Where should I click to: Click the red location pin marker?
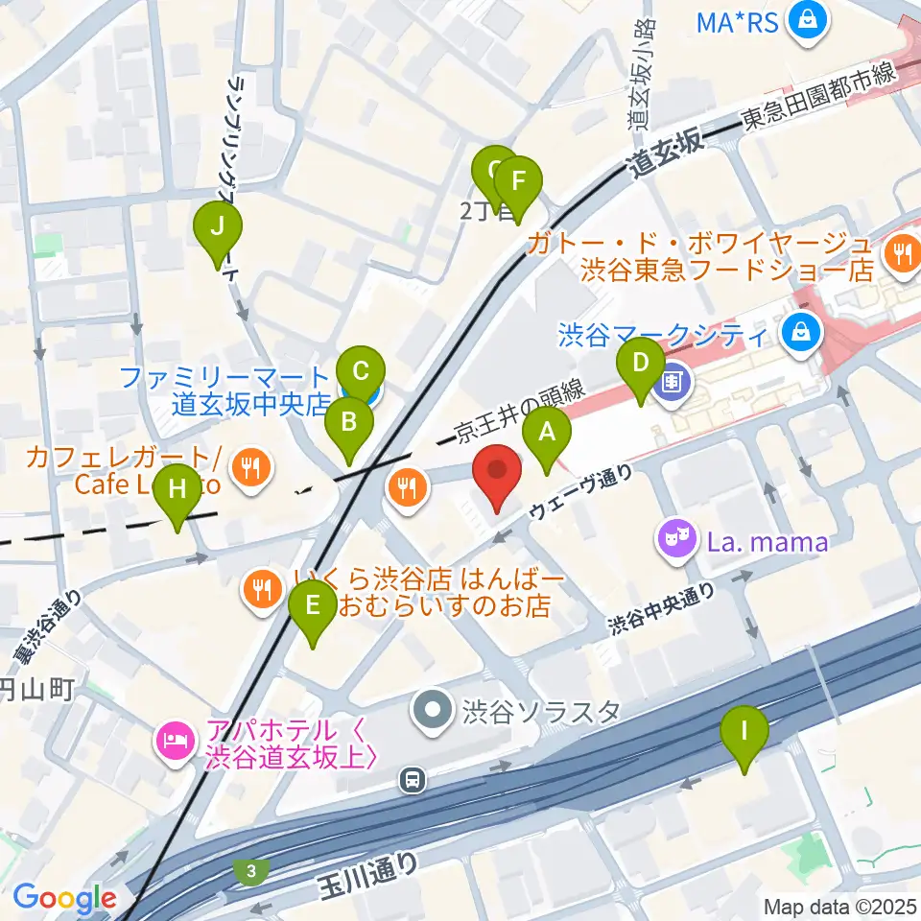(x=498, y=478)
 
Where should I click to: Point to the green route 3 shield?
(x=250, y=871)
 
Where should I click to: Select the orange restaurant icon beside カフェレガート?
(x=253, y=467)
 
